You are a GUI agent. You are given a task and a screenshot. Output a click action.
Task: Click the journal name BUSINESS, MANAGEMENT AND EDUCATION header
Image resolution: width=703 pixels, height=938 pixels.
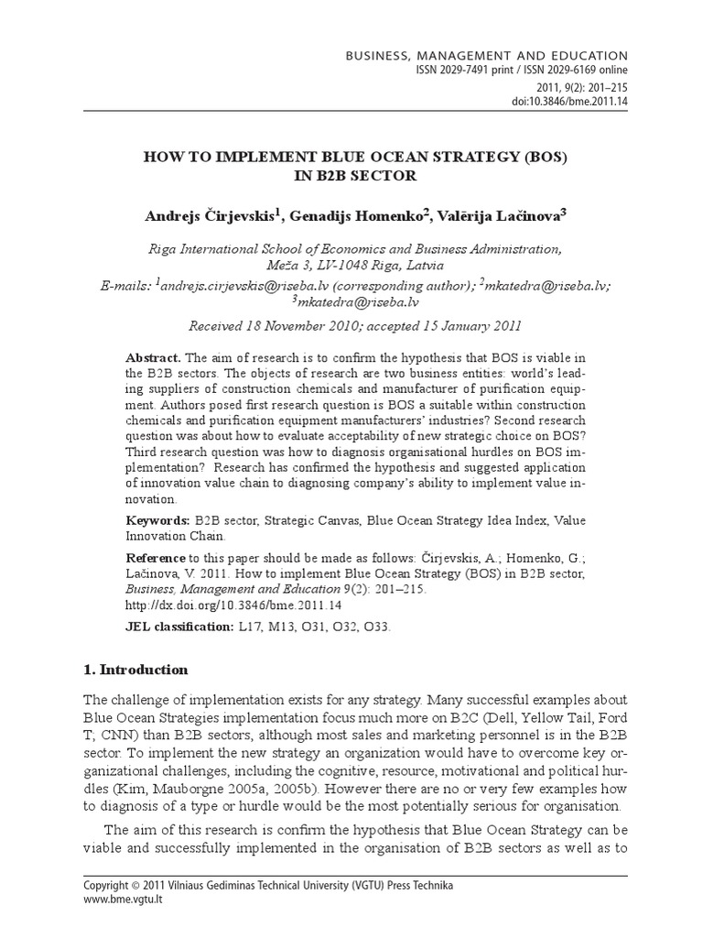coord(486,56)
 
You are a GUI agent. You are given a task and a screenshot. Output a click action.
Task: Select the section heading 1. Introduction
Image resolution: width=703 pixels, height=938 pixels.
coord(135,669)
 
